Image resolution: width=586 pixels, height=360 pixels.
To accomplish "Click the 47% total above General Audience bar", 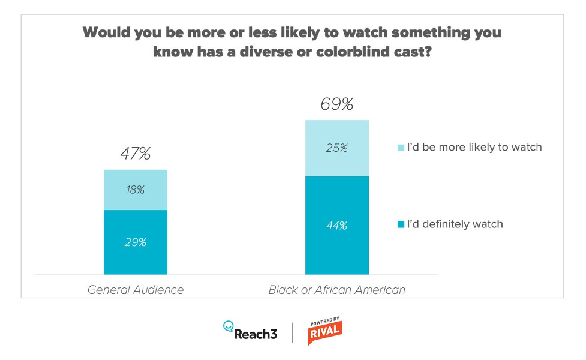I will pyautogui.click(x=135, y=154).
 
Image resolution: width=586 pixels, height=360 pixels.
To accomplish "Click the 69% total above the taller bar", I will pyautogui.click(x=336, y=104).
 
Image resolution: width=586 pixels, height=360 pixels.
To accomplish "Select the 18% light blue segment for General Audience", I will pyautogui.click(x=136, y=190).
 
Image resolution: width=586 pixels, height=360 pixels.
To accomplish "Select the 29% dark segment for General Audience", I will pyautogui.click(x=136, y=242).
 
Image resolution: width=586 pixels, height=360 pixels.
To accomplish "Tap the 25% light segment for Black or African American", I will pyautogui.click(x=336, y=148).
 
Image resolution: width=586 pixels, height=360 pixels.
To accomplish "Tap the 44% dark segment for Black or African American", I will pyautogui.click(x=336, y=226).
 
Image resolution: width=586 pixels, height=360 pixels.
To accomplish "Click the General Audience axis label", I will pyautogui.click(x=136, y=290).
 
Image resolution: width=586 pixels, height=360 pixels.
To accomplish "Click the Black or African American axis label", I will pyautogui.click(x=336, y=290).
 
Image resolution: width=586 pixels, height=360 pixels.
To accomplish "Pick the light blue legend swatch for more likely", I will pyautogui.click(x=400, y=147).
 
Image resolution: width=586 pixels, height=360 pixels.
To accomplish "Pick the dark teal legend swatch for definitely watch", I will pyautogui.click(x=400, y=224).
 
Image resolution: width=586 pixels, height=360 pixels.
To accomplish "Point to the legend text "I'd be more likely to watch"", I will pyautogui.click(x=474, y=147).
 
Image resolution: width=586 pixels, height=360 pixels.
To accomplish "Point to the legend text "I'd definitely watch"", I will pyautogui.click(x=455, y=224).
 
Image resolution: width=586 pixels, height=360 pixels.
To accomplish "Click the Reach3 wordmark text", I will pyautogui.click(x=256, y=334).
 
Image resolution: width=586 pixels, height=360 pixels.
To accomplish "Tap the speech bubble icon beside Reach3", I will pyautogui.click(x=228, y=326).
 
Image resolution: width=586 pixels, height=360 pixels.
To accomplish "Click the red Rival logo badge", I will pyautogui.click(x=324, y=332).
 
